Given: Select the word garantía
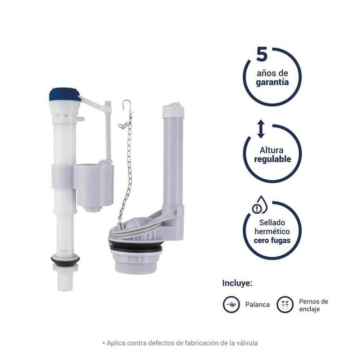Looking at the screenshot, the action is click(x=272, y=82).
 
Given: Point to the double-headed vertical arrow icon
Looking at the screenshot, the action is click(x=261, y=129).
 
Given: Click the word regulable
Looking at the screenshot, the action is click(x=273, y=159).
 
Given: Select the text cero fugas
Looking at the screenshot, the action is click(x=272, y=240).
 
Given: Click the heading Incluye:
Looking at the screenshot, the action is click(x=237, y=283).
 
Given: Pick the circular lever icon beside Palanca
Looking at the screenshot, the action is click(x=231, y=305).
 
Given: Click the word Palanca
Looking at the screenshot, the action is click(x=257, y=305).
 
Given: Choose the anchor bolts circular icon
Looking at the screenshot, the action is click(x=285, y=305).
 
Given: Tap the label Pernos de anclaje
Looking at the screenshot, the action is click(x=314, y=305).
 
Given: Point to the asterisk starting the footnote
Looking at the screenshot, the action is click(x=104, y=343).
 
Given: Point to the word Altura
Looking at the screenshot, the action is click(x=271, y=150).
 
